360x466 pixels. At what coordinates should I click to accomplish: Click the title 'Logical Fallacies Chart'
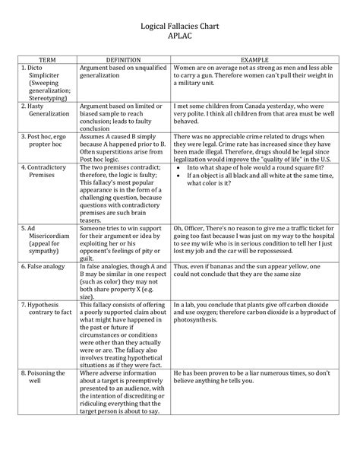[180, 25]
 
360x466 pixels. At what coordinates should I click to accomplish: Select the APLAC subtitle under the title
[180, 36]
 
